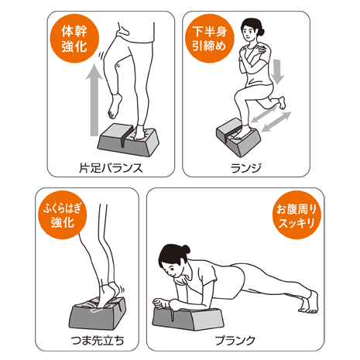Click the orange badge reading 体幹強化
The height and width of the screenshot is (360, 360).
click(x=74, y=39)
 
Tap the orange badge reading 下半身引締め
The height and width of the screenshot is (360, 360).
click(x=210, y=39)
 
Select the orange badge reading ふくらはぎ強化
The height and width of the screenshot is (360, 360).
click(x=63, y=214)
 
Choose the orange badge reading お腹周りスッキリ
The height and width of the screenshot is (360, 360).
click(x=297, y=214)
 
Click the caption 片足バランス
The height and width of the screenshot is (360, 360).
click(x=111, y=168)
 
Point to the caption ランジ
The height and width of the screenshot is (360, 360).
click(x=246, y=168)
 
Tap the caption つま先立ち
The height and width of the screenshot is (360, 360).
click(x=98, y=341)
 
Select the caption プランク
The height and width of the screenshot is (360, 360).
click(x=235, y=341)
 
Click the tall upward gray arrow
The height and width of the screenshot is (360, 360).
click(x=94, y=101)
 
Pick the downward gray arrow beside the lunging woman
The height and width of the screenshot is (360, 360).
click(x=278, y=71)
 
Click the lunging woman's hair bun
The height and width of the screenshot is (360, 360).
click(x=261, y=32)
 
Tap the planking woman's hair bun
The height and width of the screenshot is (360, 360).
click(x=186, y=249)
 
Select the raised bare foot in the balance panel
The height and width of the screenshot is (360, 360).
click(x=115, y=106)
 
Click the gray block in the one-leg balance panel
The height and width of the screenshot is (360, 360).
click(x=129, y=139)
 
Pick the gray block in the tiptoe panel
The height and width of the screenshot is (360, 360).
click(x=98, y=313)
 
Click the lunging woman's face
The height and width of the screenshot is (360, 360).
click(x=249, y=32)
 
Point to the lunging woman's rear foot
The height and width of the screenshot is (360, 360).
click(x=283, y=103)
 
